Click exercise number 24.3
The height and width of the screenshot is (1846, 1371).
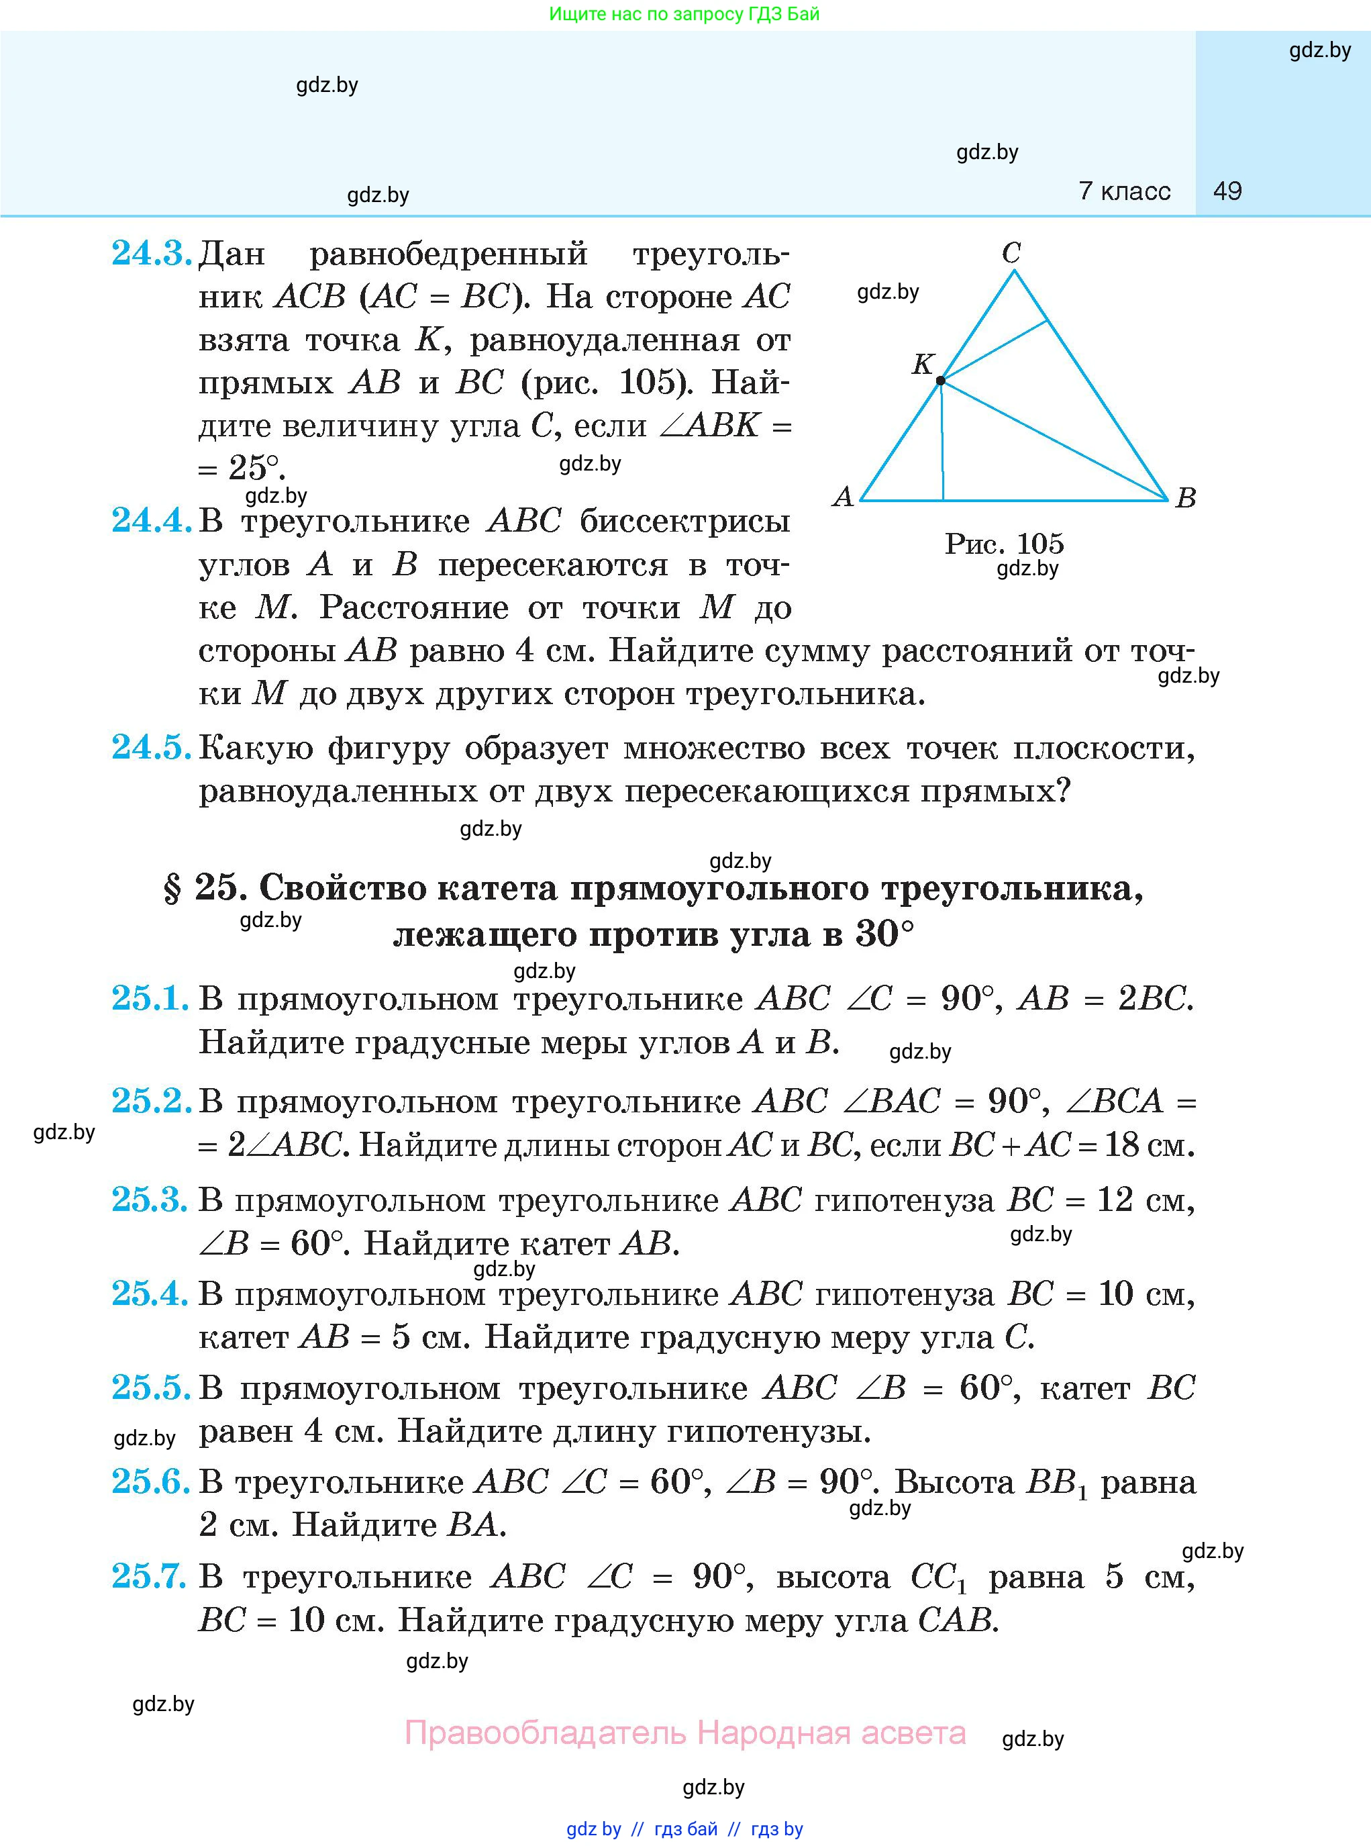tap(151, 253)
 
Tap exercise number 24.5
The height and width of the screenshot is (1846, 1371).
tap(151, 748)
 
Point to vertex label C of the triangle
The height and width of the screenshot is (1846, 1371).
tap(1011, 252)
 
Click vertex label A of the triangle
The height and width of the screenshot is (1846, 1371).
tap(842, 497)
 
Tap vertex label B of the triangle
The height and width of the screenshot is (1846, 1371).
tap(1186, 498)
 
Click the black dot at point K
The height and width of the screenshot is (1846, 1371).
tap(940, 381)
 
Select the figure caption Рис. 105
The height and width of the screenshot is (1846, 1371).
tap(1003, 544)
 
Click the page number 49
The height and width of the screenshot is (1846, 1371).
tap(1227, 191)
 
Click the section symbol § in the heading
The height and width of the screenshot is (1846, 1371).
tap(172, 889)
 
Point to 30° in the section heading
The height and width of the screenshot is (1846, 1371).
tap(884, 934)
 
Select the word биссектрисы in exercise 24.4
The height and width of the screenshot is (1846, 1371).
tap(684, 522)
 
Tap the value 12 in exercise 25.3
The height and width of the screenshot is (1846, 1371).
tap(1115, 1200)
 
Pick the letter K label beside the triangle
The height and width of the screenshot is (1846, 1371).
tap(923, 364)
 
